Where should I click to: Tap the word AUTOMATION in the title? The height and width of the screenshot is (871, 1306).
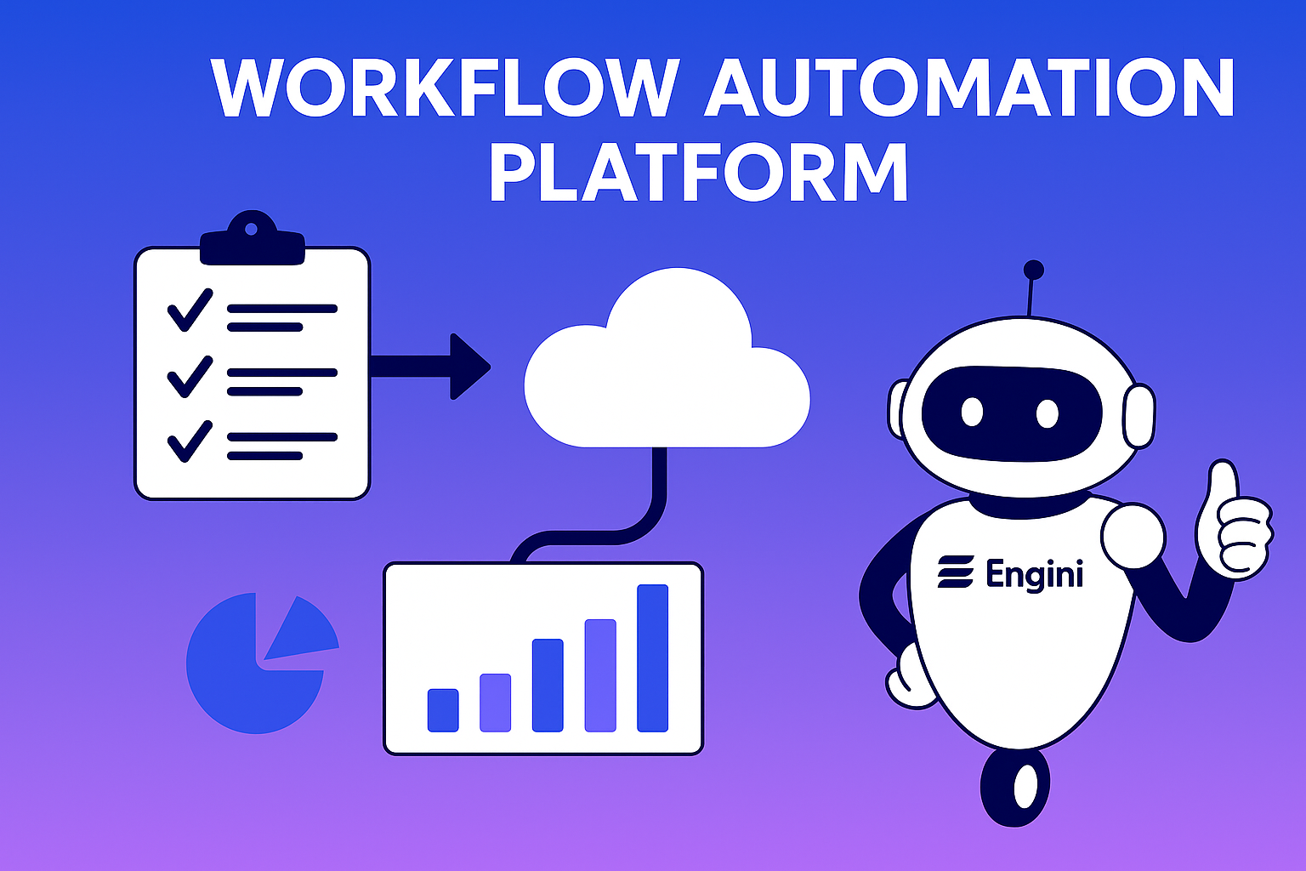[968, 88]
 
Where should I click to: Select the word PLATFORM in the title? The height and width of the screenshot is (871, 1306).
[699, 172]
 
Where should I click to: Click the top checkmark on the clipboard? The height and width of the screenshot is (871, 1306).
[190, 310]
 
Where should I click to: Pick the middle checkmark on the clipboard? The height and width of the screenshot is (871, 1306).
[190, 376]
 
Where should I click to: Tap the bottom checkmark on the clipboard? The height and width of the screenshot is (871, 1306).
[190, 441]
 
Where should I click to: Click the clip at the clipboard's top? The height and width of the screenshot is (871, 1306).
[252, 238]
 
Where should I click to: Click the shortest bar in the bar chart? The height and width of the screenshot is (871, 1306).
[443, 709]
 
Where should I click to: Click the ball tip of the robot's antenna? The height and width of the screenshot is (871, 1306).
[1033, 270]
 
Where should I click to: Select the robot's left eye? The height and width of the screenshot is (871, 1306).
[972, 413]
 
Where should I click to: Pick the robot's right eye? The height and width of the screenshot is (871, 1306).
[1047, 413]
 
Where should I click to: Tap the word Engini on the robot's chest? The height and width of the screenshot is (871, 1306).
[1035, 575]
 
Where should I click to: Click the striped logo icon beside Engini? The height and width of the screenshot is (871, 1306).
[956, 572]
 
